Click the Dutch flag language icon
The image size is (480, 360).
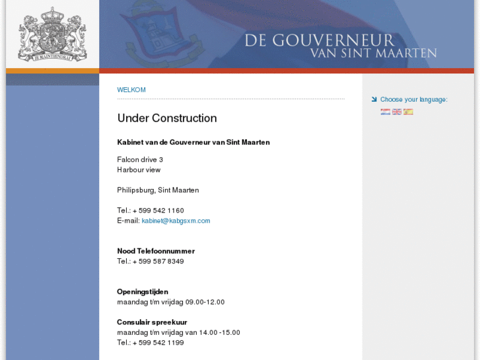(386, 112)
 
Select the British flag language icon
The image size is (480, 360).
(397, 112)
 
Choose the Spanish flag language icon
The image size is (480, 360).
(408, 112)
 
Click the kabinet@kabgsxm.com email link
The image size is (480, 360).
(176, 221)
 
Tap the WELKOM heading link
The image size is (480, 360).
(131, 90)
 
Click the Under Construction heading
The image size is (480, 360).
(167, 118)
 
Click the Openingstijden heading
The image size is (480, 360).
(143, 292)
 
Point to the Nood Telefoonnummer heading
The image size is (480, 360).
(156, 251)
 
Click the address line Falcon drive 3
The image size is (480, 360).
(140, 160)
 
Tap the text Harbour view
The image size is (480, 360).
(139, 170)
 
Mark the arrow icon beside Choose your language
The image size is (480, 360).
(374, 100)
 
